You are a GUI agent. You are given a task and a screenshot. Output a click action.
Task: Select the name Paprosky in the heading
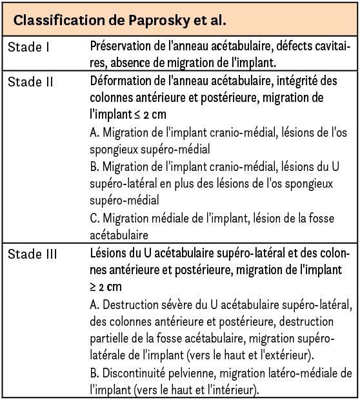pos(162,20)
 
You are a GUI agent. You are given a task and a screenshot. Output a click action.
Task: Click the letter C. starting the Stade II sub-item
pos(95,218)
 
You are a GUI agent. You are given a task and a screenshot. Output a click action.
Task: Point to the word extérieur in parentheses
pos(295,355)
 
